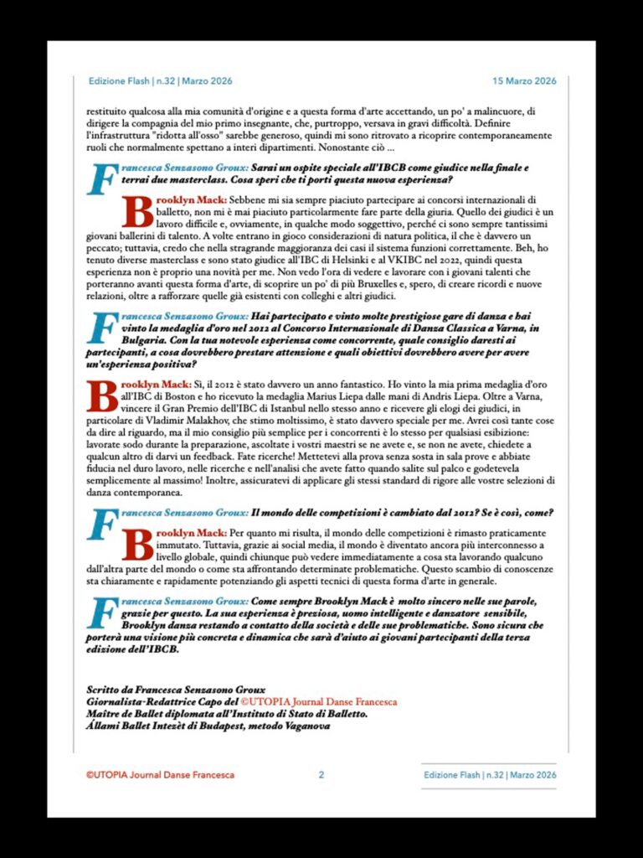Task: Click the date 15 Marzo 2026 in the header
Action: (x=523, y=81)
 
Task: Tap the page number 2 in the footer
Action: (x=321, y=775)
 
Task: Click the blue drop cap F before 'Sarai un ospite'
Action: (x=101, y=179)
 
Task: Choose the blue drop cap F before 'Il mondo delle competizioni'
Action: (x=101, y=525)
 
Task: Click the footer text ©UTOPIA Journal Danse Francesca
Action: (x=160, y=775)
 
